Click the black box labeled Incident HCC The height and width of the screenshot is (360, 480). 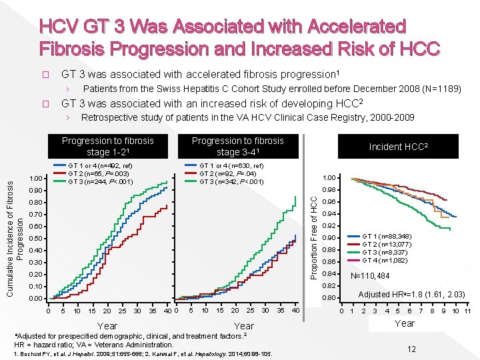pos(399,146)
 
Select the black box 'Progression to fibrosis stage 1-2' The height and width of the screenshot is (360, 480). pos(107,146)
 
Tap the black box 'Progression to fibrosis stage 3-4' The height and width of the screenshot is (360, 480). pos(238,146)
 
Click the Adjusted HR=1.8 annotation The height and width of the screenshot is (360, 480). pos(403,294)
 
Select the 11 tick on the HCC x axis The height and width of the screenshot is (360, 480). pos(467,311)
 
